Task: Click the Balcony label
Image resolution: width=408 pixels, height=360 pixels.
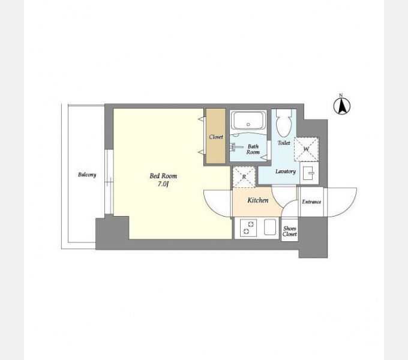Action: pyautogui.click(x=87, y=175)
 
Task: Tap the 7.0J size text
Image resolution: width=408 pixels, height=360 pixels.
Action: pyautogui.click(x=163, y=184)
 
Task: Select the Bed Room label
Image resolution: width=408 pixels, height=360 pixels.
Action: pyautogui.click(x=163, y=176)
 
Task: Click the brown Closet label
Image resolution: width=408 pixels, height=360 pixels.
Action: pyautogui.click(x=216, y=137)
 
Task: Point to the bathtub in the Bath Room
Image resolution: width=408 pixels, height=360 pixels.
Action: pyautogui.click(x=249, y=121)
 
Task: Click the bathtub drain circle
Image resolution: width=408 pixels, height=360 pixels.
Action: pyautogui.click(x=248, y=124)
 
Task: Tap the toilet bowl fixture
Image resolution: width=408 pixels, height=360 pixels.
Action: pyautogui.click(x=284, y=123)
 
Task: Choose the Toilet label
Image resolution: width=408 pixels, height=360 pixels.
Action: pyautogui.click(x=284, y=143)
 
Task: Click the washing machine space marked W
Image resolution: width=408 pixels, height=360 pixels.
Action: pyautogui.click(x=306, y=149)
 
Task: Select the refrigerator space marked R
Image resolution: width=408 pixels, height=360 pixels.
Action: pyautogui.click(x=244, y=176)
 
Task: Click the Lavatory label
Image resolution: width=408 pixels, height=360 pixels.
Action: pyautogui.click(x=286, y=172)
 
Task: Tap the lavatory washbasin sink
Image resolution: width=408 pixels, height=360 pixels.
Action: pyautogui.click(x=310, y=173)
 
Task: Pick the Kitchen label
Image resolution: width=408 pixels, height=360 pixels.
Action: pyautogui.click(x=257, y=200)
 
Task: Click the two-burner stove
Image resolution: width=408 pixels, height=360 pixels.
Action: pyautogui.click(x=248, y=228)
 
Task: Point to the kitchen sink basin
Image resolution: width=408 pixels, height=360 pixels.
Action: pyautogui.click(x=270, y=227)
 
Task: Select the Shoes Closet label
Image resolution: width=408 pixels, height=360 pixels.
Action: pyautogui.click(x=290, y=231)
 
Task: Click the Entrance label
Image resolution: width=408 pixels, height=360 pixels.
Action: pyautogui.click(x=311, y=202)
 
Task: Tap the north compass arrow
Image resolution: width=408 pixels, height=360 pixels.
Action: pyautogui.click(x=342, y=106)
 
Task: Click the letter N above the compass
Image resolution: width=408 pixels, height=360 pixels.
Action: pyautogui.click(x=341, y=95)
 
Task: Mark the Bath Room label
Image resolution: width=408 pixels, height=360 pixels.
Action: pyautogui.click(x=253, y=149)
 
